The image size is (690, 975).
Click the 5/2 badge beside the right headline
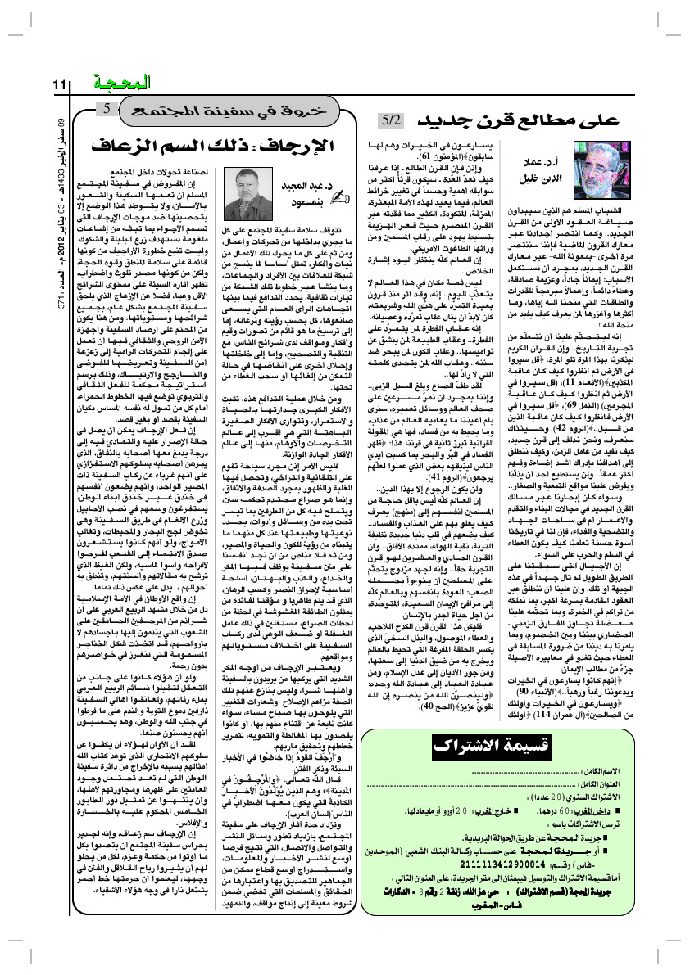click(x=392, y=121)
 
